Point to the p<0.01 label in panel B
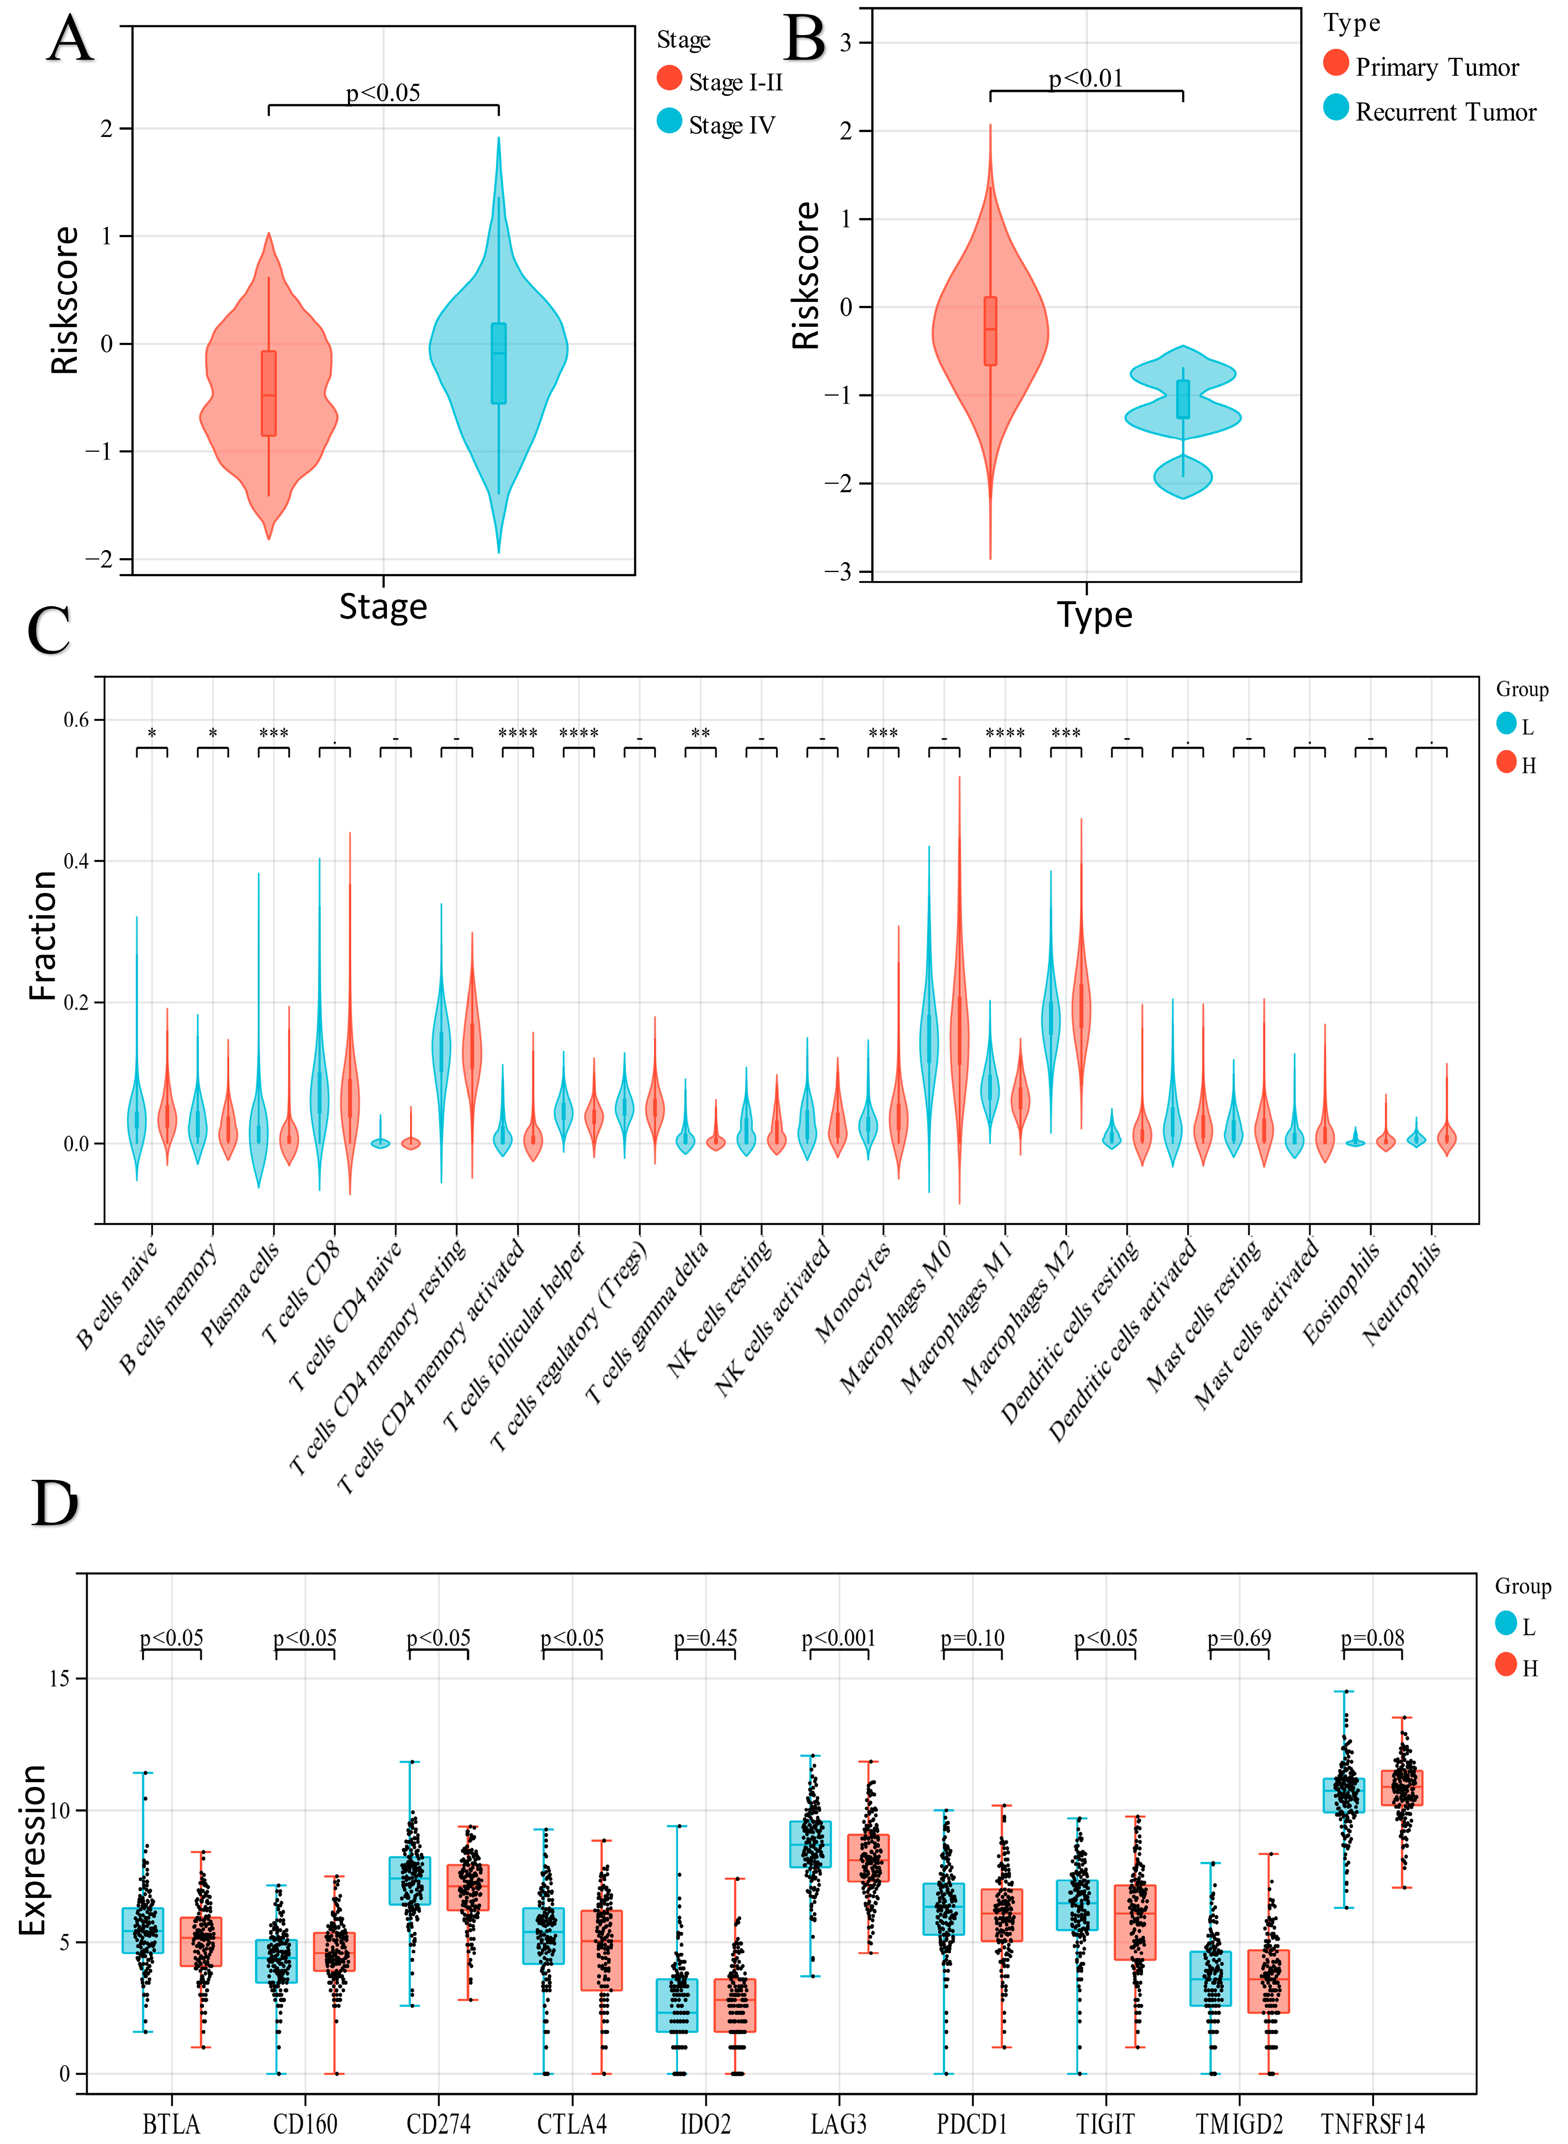coord(1086,78)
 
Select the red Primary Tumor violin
coord(990,332)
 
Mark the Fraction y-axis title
coord(43,935)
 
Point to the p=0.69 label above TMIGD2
coord(1239,1638)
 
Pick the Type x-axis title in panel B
coord(1094,615)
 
